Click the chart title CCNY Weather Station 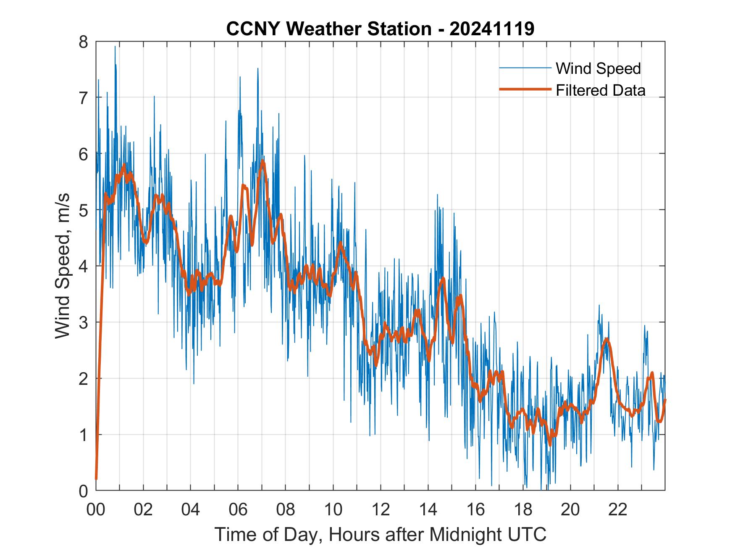pyautogui.click(x=328, y=29)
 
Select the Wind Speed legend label pyautogui.click(x=598, y=68)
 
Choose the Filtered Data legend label pyautogui.click(x=600, y=90)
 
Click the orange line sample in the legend pyautogui.click(x=525, y=89)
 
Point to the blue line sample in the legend pyautogui.click(x=525, y=68)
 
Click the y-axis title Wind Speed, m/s pyautogui.click(x=63, y=266)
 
